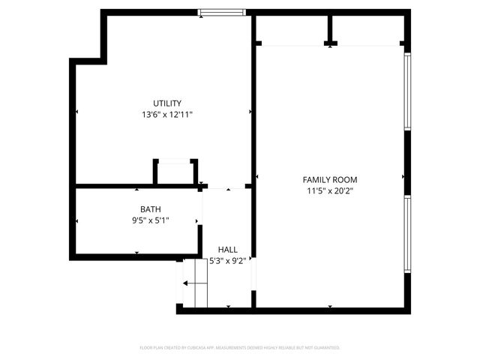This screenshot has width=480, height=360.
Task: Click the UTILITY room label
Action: pyautogui.click(x=167, y=103)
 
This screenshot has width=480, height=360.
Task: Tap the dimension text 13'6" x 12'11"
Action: pyautogui.click(x=167, y=115)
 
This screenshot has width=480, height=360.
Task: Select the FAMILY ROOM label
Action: pyautogui.click(x=329, y=179)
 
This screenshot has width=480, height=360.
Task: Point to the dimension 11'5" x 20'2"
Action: pyautogui.click(x=329, y=191)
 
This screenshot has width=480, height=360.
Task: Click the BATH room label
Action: pyautogui.click(x=150, y=209)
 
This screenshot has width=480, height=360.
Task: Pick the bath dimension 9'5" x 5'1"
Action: pyautogui.click(x=150, y=220)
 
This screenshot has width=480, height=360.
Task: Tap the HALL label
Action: pyautogui.click(x=228, y=249)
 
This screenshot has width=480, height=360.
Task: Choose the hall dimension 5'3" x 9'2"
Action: pyautogui.click(x=228, y=261)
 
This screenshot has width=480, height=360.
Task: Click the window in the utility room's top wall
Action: pyautogui.click(x=221, y=12)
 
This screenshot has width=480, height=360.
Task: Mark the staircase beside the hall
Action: pyautogui.click(x=194, y=283)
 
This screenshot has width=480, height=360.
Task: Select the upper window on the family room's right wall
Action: pyautogui.click(x=407, y=91)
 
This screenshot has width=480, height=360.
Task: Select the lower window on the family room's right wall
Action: pyautogui.click(x=407, y=232)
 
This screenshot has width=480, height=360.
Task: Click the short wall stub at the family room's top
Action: pyautogui.click(x=330, y=30)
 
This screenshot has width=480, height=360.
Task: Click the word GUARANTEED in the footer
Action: pyautogui.click(x=323, y=348)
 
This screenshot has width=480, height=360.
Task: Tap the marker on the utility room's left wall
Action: pyautogui.click(x=76, y=112)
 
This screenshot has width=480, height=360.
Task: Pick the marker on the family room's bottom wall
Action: pyautogui.click(x=330, y=306)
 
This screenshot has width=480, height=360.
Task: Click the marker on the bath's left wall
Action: pyautogui.click(x=76, y=221)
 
